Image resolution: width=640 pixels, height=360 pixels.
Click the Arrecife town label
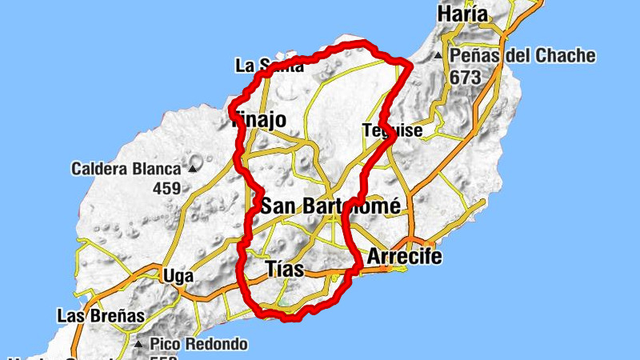pyautogui.click(x=404, y=258)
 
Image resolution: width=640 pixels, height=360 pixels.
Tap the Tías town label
pyautogui.click(x=283, y=270)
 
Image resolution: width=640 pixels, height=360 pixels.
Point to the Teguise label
pyautogui.click(x=391, y=130)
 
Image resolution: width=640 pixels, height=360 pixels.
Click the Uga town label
pyautogui.click(x=178, y=276)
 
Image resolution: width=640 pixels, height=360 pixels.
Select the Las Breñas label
pyautogui.click(x=101, y=316)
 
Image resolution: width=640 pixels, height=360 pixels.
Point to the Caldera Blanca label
pyautogui.click(x=126, y=169)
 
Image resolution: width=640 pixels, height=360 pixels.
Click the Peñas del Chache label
pyautogui.click(x=522, y=56)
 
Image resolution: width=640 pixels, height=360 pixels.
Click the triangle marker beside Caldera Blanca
pyautogui.click(x=192, y=170)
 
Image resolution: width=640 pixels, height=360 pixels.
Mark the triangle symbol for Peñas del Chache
pyautogui.click(x=438, y=57)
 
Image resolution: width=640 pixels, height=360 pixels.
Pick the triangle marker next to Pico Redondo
pyautogui.click(x=141, y=346)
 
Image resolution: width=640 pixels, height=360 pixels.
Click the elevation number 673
pyautogui.click(x=465, y=78)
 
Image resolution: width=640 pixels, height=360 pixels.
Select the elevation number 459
pyautogui.click(x=165, y=189)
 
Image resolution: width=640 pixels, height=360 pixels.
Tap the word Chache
pyautogui.click(x=566, y=56)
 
